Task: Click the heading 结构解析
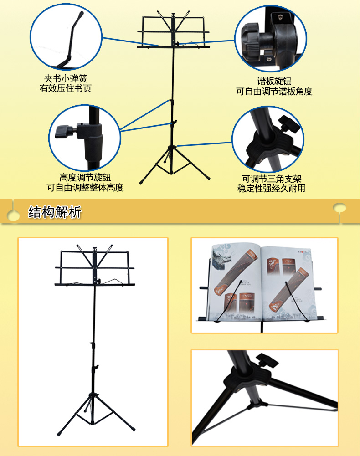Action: [54, 212]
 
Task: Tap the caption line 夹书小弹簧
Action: [66, 78]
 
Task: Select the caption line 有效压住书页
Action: [66, 88]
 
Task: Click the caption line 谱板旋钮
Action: [274, 82]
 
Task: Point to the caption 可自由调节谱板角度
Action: [274, 92]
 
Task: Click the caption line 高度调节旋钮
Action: [85, 177]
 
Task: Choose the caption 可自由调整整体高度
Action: [85, 188]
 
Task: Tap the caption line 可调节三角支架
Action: [272, 179]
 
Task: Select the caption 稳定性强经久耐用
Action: [271, 189]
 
